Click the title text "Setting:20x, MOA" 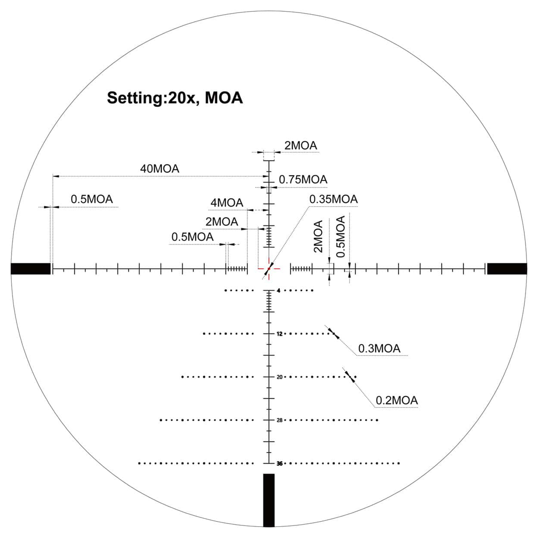pos(175,98)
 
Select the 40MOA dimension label pos(159,169)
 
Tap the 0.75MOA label pos(303,180)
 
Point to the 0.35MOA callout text pos(333,199)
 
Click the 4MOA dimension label pos(227,203)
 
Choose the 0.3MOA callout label pos(379,349)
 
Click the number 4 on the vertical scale pos(278,291)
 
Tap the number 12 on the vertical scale pos(280,334)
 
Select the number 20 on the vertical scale pos(280,377)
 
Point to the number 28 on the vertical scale pos(280,420)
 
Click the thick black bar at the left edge pos(31,268)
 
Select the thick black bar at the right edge pos(507,268)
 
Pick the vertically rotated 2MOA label pos(318,237)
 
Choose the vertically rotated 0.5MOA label pos(341,237)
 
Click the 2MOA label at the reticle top pos(300,146)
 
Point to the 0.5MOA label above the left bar pos(92,199)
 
